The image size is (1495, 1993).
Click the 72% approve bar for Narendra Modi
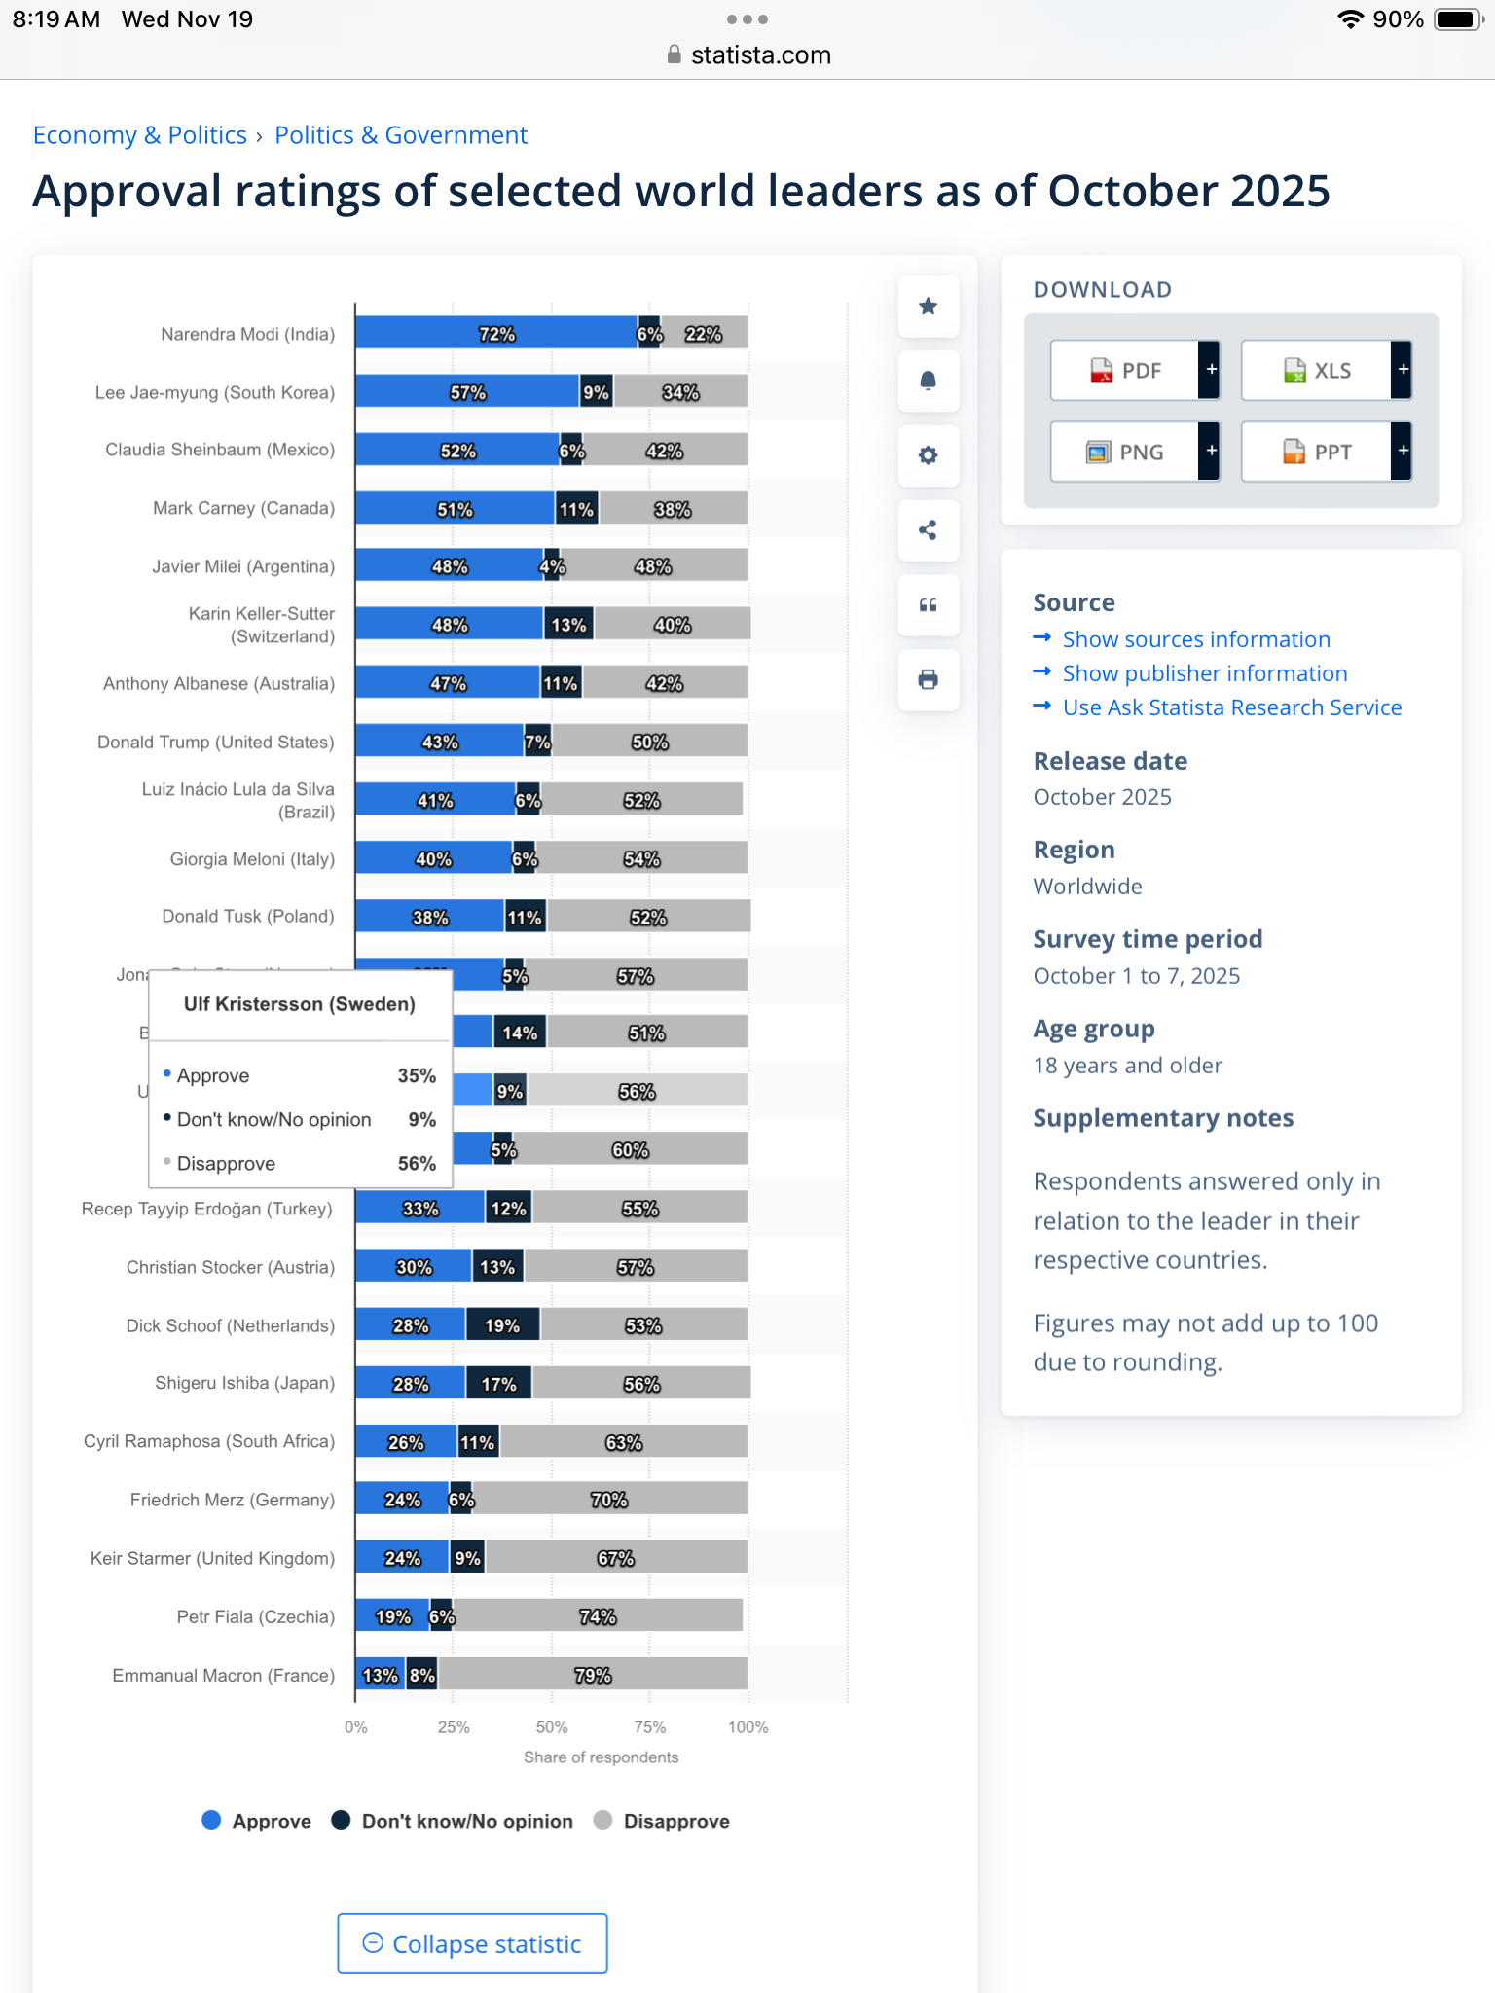(496, 333)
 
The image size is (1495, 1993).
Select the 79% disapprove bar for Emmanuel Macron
(592, 1674)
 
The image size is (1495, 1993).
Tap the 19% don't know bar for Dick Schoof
(502, 1324)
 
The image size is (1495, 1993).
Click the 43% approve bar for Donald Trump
(439, 742)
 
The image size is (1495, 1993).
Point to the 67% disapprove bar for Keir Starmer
(615, 1557)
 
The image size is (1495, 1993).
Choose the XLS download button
(1317, 370)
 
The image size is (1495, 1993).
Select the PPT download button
(1317, 452)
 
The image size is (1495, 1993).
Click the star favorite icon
(929, 307)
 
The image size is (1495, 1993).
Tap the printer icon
(929, 679)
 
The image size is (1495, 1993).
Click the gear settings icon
(929, 455)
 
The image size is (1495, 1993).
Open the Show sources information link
(1195, 639)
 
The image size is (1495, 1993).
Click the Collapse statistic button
(472, 1943)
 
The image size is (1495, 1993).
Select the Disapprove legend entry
(675, 1821)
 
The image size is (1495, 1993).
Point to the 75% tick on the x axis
(650, 1727)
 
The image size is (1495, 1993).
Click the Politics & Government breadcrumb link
(401, 135)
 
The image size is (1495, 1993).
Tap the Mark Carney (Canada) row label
(243, 508)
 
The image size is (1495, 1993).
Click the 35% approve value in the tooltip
(417, 1075)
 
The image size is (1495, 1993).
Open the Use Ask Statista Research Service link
(1231, 707)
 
